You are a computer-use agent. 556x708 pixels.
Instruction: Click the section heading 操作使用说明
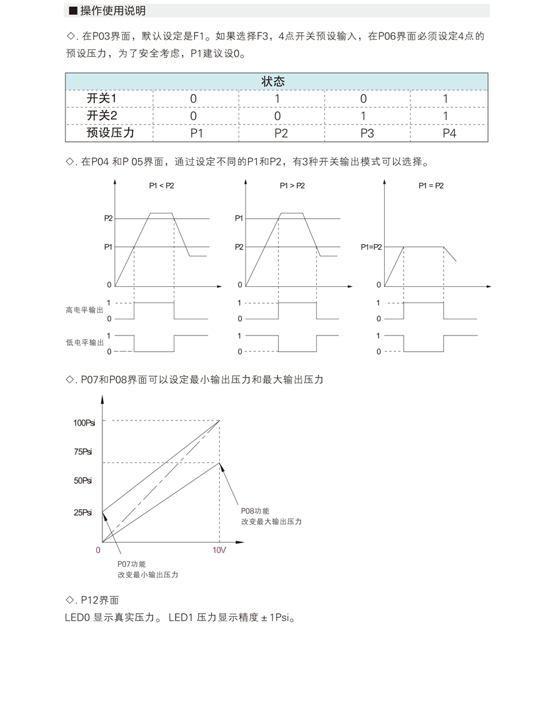coord(112,11)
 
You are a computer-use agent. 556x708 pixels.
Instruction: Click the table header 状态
coord(277,82)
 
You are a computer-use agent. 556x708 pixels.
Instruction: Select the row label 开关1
coord(101,99)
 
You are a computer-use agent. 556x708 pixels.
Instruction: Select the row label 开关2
coord(101,116)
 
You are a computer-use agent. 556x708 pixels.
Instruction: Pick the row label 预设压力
coord(110,132)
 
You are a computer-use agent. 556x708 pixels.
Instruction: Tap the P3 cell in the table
coord(367,133)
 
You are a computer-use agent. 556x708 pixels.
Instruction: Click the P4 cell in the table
coord(449,133)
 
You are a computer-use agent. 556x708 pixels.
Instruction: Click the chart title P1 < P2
coord(161,186)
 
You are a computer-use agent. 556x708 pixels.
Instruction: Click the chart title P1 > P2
coord(292,186)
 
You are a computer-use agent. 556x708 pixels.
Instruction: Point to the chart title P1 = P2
coord(431,186)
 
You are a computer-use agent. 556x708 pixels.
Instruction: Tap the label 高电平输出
coord(85,310)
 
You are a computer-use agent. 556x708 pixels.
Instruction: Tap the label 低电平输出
coord(85,342)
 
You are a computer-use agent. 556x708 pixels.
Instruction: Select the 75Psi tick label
coord(83,452)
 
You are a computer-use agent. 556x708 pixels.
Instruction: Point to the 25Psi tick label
coord(83,512)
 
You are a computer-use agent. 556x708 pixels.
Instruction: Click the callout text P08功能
coord(255,511)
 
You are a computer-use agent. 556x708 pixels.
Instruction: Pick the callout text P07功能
coord(131,564)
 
